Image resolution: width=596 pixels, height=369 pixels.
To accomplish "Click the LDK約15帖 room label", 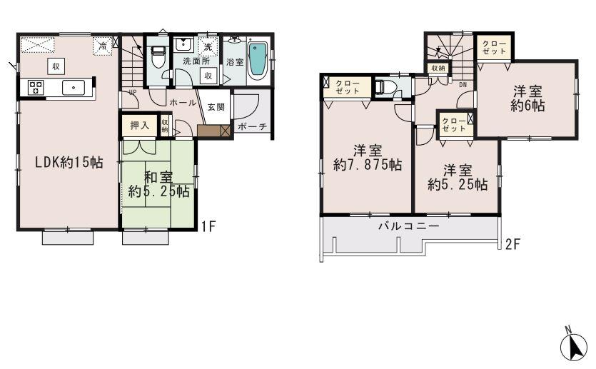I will (x=60, y=162).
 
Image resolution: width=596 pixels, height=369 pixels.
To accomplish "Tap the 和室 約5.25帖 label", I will (x=158, y=183).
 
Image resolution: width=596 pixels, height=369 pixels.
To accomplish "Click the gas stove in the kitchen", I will (x=36, y=88).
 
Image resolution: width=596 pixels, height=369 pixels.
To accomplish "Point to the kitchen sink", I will (x=74, y=88).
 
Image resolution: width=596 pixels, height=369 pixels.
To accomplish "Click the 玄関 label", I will (x=216, y=106).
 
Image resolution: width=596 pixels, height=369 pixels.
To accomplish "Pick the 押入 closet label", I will (x=138, y=126).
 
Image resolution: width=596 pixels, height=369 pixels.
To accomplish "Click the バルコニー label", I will (x=408, y=226).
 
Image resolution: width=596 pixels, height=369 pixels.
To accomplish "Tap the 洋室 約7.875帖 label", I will (x=368, y=158).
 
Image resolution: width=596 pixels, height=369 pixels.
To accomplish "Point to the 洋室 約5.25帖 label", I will (x=458, y=178).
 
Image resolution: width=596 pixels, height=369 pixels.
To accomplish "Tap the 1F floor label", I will (x=208, y=228).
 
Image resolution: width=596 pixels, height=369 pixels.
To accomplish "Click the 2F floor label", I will (x=510, y=244).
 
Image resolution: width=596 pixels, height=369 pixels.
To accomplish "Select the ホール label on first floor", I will (x=183, y=103).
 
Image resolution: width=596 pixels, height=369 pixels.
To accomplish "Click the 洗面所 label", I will (x=191, y=61).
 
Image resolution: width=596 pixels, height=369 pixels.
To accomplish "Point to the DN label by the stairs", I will (x=463, y=84).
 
